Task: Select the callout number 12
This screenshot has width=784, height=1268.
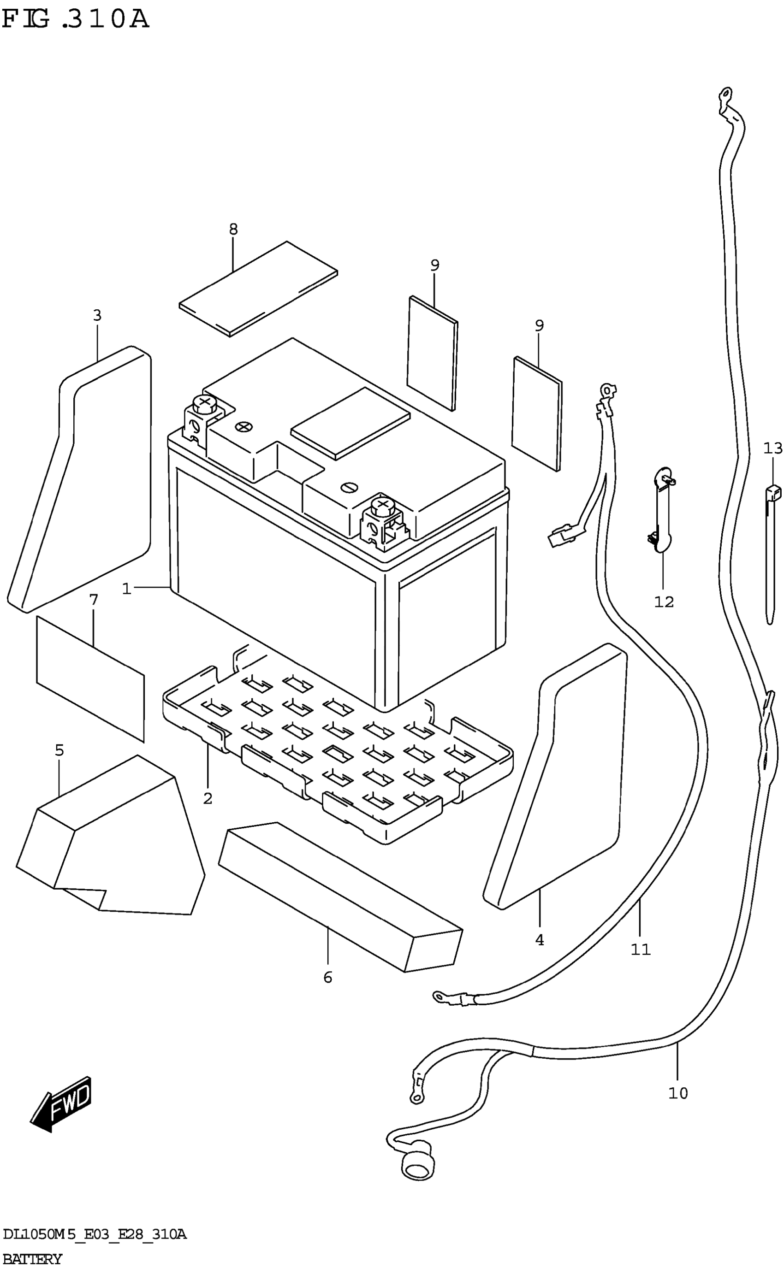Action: point(664,602)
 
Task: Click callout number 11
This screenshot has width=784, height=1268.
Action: point(641,950)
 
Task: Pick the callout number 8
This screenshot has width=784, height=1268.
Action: point(233,229)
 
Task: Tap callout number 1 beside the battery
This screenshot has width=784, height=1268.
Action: point(126,589)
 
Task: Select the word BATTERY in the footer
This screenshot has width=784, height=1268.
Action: point(32,1259)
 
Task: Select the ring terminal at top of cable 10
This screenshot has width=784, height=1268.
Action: point(725,94)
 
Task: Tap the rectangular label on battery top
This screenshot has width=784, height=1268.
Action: point(350,423)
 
